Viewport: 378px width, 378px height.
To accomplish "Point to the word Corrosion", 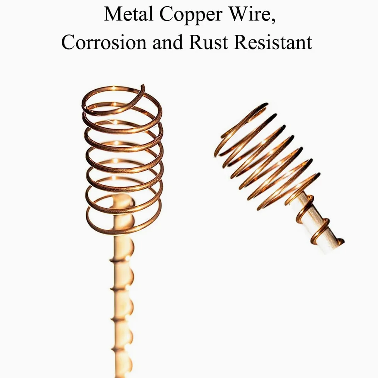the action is [x=104, y=42].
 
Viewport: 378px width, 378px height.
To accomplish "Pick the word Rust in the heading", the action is [x=208, y=42].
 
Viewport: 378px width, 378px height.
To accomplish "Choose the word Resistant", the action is [x=273, y=42].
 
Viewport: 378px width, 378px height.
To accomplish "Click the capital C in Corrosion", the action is [x=68, y=42].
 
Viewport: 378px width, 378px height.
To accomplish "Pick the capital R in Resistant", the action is [x=241, y=42].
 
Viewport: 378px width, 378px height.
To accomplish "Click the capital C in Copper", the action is [x=166, y=14].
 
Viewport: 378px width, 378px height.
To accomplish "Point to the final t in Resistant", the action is [x=310, y=43].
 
